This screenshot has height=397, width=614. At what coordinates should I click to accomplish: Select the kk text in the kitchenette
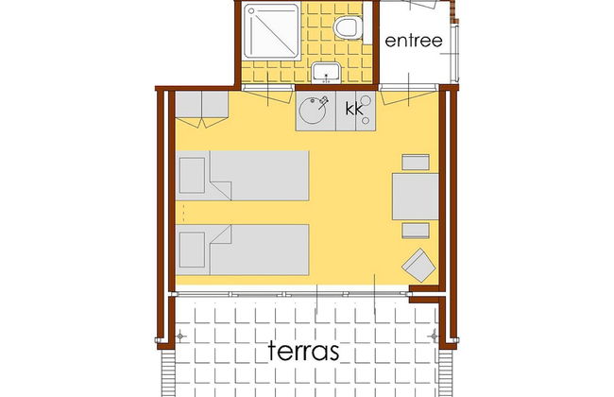click(x=355, y=110)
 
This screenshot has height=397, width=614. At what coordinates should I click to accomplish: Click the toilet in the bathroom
click(x=349, y=27)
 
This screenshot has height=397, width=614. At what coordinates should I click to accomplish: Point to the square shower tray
click(x=272, y=36)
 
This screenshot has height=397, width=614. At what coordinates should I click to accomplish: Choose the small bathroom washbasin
click(x=328, y=73)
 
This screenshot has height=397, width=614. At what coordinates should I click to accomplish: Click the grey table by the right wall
click(x=414, y=196)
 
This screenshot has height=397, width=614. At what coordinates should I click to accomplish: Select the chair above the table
click(x=415, y=161)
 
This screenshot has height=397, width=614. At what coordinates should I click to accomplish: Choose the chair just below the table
click(x=415, y=230)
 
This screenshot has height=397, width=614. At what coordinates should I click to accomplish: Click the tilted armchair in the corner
click(x=418, y=264)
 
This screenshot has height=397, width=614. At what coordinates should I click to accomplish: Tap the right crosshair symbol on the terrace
click(x=434, y=337)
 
